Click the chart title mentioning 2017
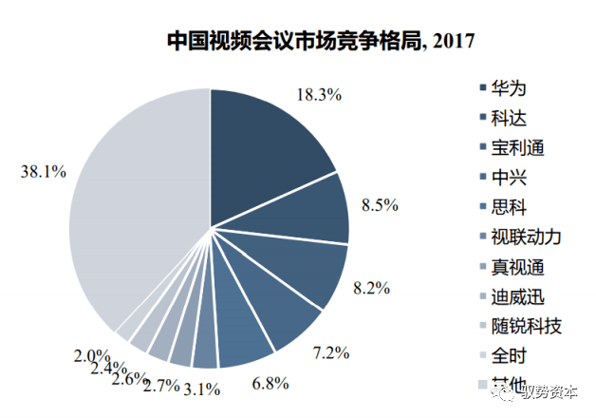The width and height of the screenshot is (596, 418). pyautogui.click(x=320, y=41)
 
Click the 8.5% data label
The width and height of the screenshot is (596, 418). pyautogui.click(x=379, y=204)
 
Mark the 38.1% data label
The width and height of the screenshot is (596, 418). pyautogui.click(x=42, y=172)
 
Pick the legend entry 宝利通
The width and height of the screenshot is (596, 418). pyautogui.click(x=518, y=147)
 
